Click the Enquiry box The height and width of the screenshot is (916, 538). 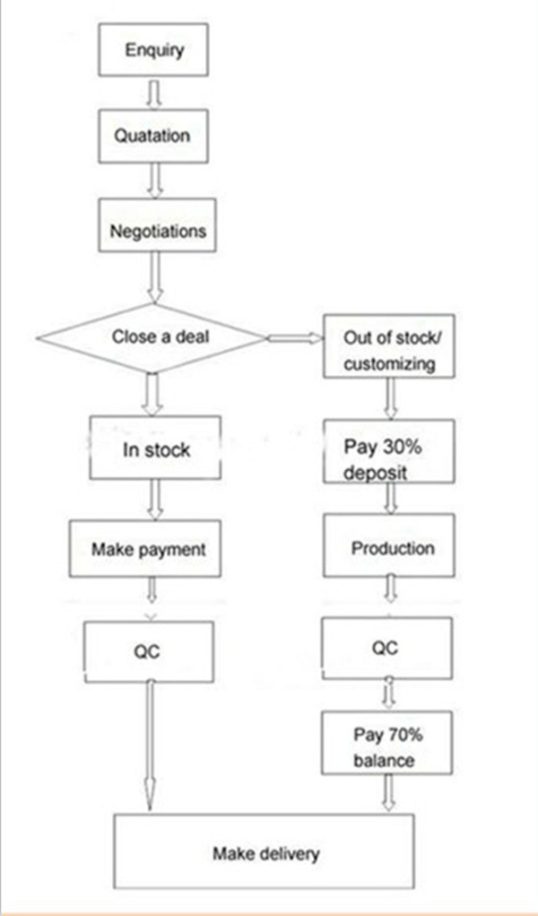coord(153,49)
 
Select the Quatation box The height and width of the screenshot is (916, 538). coord(153,135)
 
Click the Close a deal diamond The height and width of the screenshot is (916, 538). coord(152,337)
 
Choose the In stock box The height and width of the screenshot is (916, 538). coord(155,448)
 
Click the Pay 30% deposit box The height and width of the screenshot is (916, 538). coord(389,451)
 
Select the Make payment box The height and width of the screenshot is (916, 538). coord(145,549)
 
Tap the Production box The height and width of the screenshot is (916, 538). coord(389,545)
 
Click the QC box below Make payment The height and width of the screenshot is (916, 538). coord(148,651)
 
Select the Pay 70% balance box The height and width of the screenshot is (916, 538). coord(386,743)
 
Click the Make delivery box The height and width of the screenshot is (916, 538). coord(264,851)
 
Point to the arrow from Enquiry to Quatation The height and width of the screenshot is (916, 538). coord(153,93)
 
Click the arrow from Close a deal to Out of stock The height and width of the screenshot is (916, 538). coord(295,337)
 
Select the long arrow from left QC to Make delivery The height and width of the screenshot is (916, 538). coord(151,746)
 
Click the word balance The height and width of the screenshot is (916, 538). coord(385,761)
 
